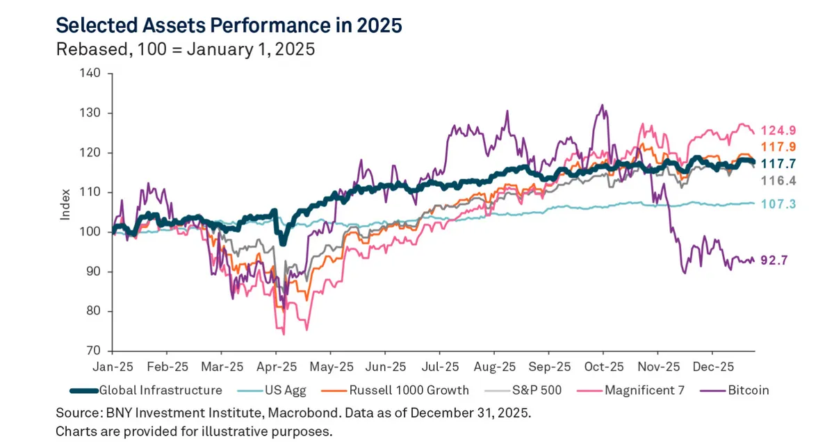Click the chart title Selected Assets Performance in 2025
click(x=229, y=26)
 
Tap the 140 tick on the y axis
click(x=92, y=73)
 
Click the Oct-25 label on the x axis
click(x=603, y=365)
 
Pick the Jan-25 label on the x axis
click(x=113, y=365)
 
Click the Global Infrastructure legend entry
click(x=161, y=390)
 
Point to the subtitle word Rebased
click(x=83, y=50)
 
